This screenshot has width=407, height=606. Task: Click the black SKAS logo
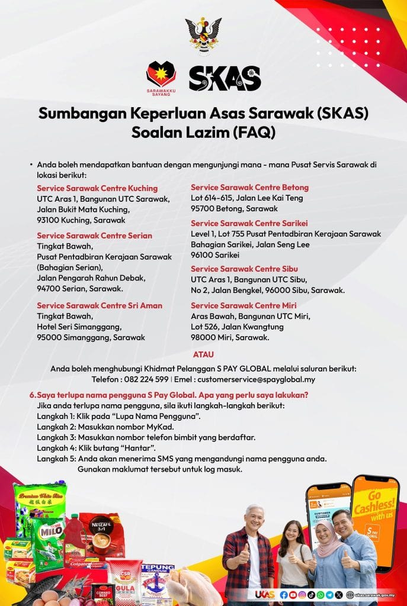click(225, 78)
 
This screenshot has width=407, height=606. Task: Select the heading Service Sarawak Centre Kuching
click(97, 188)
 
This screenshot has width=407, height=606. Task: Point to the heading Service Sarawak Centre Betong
click(249, 188)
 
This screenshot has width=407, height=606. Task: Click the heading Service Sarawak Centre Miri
click(244, 305)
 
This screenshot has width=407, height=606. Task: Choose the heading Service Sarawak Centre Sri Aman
click(100, 305)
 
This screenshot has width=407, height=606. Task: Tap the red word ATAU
click(203, 354)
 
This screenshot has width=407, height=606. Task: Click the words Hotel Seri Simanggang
click(79, 327)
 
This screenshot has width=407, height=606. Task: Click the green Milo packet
click(47, 539)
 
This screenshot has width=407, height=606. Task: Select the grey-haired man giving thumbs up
click(249, 550)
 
